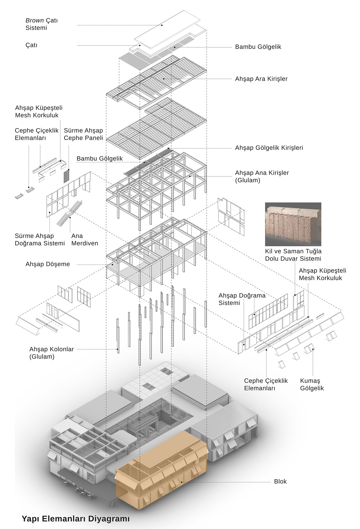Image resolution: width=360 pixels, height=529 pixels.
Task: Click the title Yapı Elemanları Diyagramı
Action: coord(76,518)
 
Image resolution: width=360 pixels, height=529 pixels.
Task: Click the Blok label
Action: coord(280,481)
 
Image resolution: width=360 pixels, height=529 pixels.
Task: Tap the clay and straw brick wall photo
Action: coord(293,224)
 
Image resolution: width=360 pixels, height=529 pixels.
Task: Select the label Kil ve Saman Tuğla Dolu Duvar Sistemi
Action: coord(293,255)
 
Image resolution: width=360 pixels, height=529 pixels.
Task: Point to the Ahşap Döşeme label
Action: coord(48,264)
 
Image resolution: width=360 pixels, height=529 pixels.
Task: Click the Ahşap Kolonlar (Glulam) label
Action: coord(51,353)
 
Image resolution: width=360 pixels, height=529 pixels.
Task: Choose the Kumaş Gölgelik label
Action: coord(312,384)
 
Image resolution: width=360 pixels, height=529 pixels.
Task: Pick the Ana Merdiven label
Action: coord(85,240)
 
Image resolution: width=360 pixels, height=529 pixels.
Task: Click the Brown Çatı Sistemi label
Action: coord(42,24)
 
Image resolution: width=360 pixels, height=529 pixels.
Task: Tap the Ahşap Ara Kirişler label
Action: coord(261,79)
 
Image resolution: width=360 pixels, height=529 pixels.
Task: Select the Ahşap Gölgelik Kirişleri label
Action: coord(269,148)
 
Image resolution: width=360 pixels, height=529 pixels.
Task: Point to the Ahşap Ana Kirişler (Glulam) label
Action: coord(262,176)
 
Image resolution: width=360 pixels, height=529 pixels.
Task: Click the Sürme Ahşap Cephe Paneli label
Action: coord(83,134)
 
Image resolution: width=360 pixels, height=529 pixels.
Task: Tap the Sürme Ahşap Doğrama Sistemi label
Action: coord(40,240)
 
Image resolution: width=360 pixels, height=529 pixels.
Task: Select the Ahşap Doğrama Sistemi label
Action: coord(242,299)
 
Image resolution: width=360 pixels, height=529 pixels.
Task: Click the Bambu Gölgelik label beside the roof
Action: coord(258,47)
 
